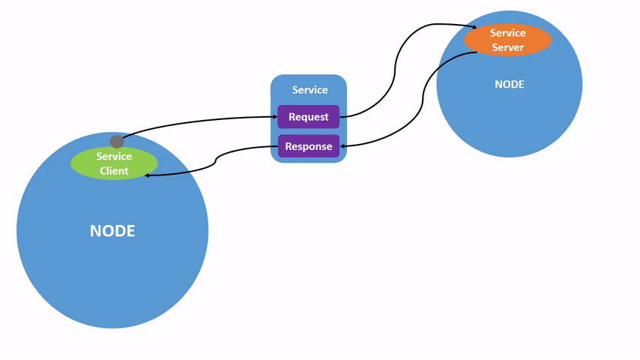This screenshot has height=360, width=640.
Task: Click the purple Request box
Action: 308,117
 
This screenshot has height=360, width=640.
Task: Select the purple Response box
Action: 308,146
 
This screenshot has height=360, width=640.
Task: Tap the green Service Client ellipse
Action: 114,163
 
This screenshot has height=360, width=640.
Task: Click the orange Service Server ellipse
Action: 507,40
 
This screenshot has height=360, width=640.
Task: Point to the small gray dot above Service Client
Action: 117,141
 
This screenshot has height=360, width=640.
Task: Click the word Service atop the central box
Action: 310,90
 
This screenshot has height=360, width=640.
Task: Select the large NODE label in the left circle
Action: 112,231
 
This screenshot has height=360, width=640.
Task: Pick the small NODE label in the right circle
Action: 509,85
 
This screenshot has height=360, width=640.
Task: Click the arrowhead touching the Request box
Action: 274,117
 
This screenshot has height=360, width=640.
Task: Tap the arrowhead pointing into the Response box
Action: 344,146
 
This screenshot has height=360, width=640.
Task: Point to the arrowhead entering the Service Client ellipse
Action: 148,175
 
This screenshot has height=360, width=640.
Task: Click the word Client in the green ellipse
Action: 114,171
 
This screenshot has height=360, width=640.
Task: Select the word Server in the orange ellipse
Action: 507,47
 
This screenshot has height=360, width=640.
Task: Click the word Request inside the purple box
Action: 308,117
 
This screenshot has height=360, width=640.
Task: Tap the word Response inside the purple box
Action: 308,146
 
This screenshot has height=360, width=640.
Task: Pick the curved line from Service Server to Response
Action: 423,97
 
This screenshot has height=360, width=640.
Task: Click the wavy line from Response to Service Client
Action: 217,160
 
